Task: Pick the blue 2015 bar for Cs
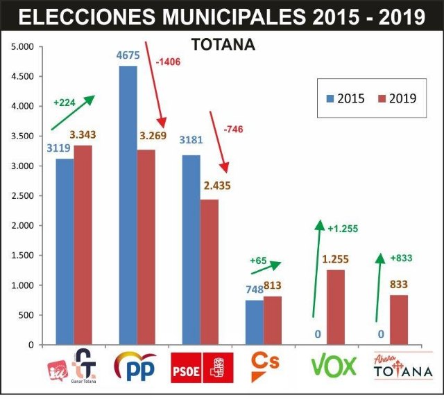tap(254, 322)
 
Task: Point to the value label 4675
tap(128, 57)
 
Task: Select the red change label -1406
tap(169, 62)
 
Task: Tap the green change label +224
tap(65, 103)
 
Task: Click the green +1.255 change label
tap(343, 228)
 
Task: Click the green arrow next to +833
tap(378, 287)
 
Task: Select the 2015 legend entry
tap(345, 98)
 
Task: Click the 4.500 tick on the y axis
tap(23, 77)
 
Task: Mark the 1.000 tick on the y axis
tap(23, 285)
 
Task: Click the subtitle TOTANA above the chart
tap(223, 46)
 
